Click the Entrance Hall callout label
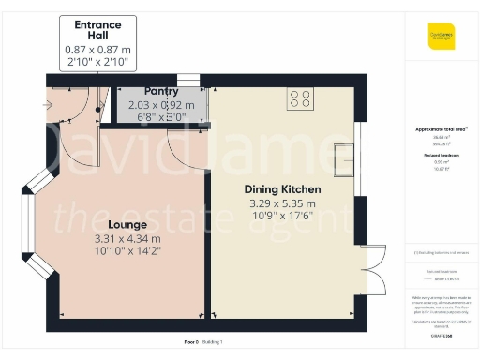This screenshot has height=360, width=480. coord(97,29)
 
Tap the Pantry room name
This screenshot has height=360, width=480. coord(161,92)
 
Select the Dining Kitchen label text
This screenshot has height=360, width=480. coord(283,189)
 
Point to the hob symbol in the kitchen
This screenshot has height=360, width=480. coord(301,97)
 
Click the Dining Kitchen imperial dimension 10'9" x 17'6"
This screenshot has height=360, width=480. coord(283,216)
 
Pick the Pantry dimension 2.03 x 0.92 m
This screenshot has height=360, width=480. coord(161,105)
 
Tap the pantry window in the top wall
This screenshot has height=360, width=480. coord(188,81)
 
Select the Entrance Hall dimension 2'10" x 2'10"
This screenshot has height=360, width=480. coord(97,61)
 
